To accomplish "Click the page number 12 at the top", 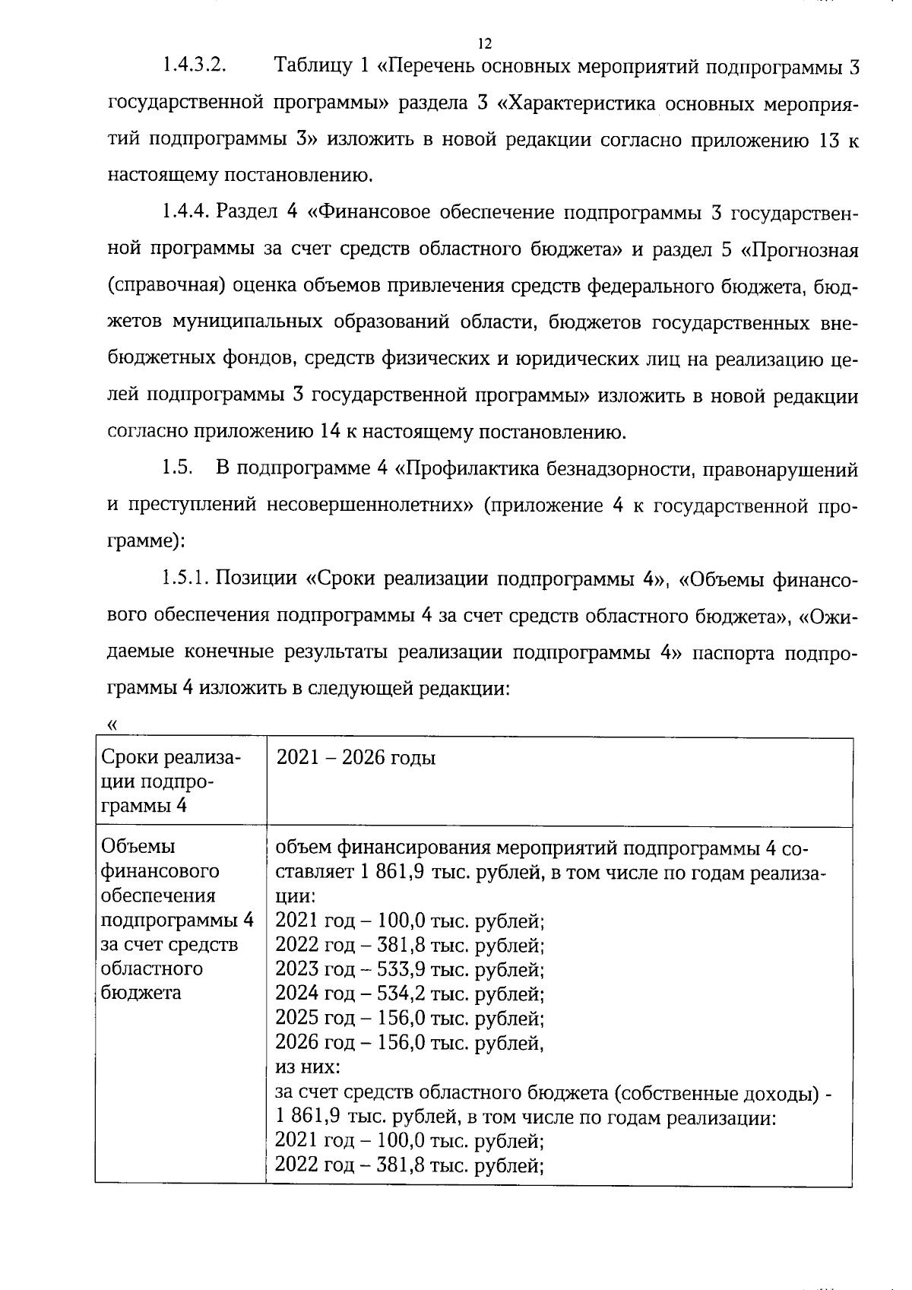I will [x=485, y=43].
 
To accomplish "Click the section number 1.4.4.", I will [x=185, y=213].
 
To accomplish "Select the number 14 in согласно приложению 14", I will [x=329, y=433].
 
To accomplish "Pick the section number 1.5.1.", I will [x=185, y=579].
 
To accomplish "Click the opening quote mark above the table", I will [x=113, y=724].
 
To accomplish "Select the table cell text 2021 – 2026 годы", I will [x=356, y=758].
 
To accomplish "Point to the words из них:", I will [x=307, y=1067].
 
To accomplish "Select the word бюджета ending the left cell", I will [x=141, y=993].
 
